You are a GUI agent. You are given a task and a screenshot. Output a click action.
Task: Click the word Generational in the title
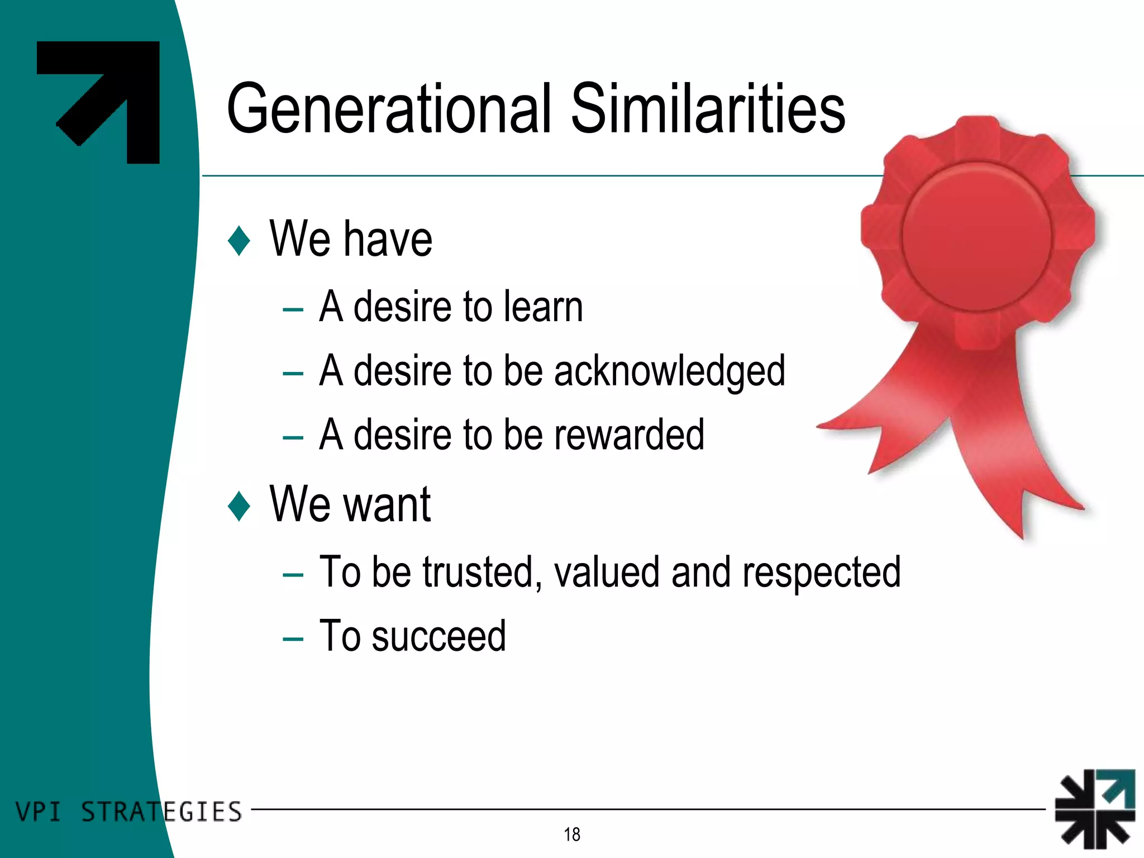click(388, 109)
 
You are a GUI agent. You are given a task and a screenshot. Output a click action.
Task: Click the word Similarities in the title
click(708, 109)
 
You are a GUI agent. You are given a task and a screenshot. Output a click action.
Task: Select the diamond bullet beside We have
click(239, 241)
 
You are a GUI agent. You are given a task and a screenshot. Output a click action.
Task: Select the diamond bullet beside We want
click(239, 506)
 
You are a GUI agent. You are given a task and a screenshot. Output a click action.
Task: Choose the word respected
click(821, 573)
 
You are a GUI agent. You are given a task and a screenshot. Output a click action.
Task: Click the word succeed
click(438, 637)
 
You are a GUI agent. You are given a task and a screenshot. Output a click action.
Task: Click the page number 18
click(572, 835)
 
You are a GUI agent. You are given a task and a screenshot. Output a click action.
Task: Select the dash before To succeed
click(293, 638)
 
